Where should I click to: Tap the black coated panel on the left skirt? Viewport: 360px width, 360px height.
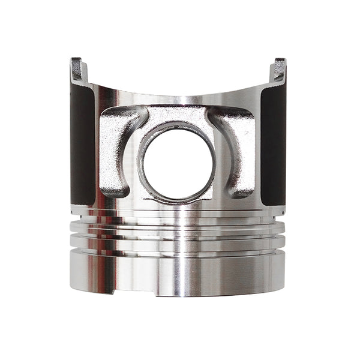point(82,144)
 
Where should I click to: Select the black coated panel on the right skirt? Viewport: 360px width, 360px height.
point(273,144)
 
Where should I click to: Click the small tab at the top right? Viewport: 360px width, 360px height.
point(279,69)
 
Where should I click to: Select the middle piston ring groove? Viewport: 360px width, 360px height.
point(177,234)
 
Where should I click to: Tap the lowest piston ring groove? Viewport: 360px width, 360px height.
point(177,247)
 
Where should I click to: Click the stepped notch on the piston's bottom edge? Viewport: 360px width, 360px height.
point(135,293)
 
